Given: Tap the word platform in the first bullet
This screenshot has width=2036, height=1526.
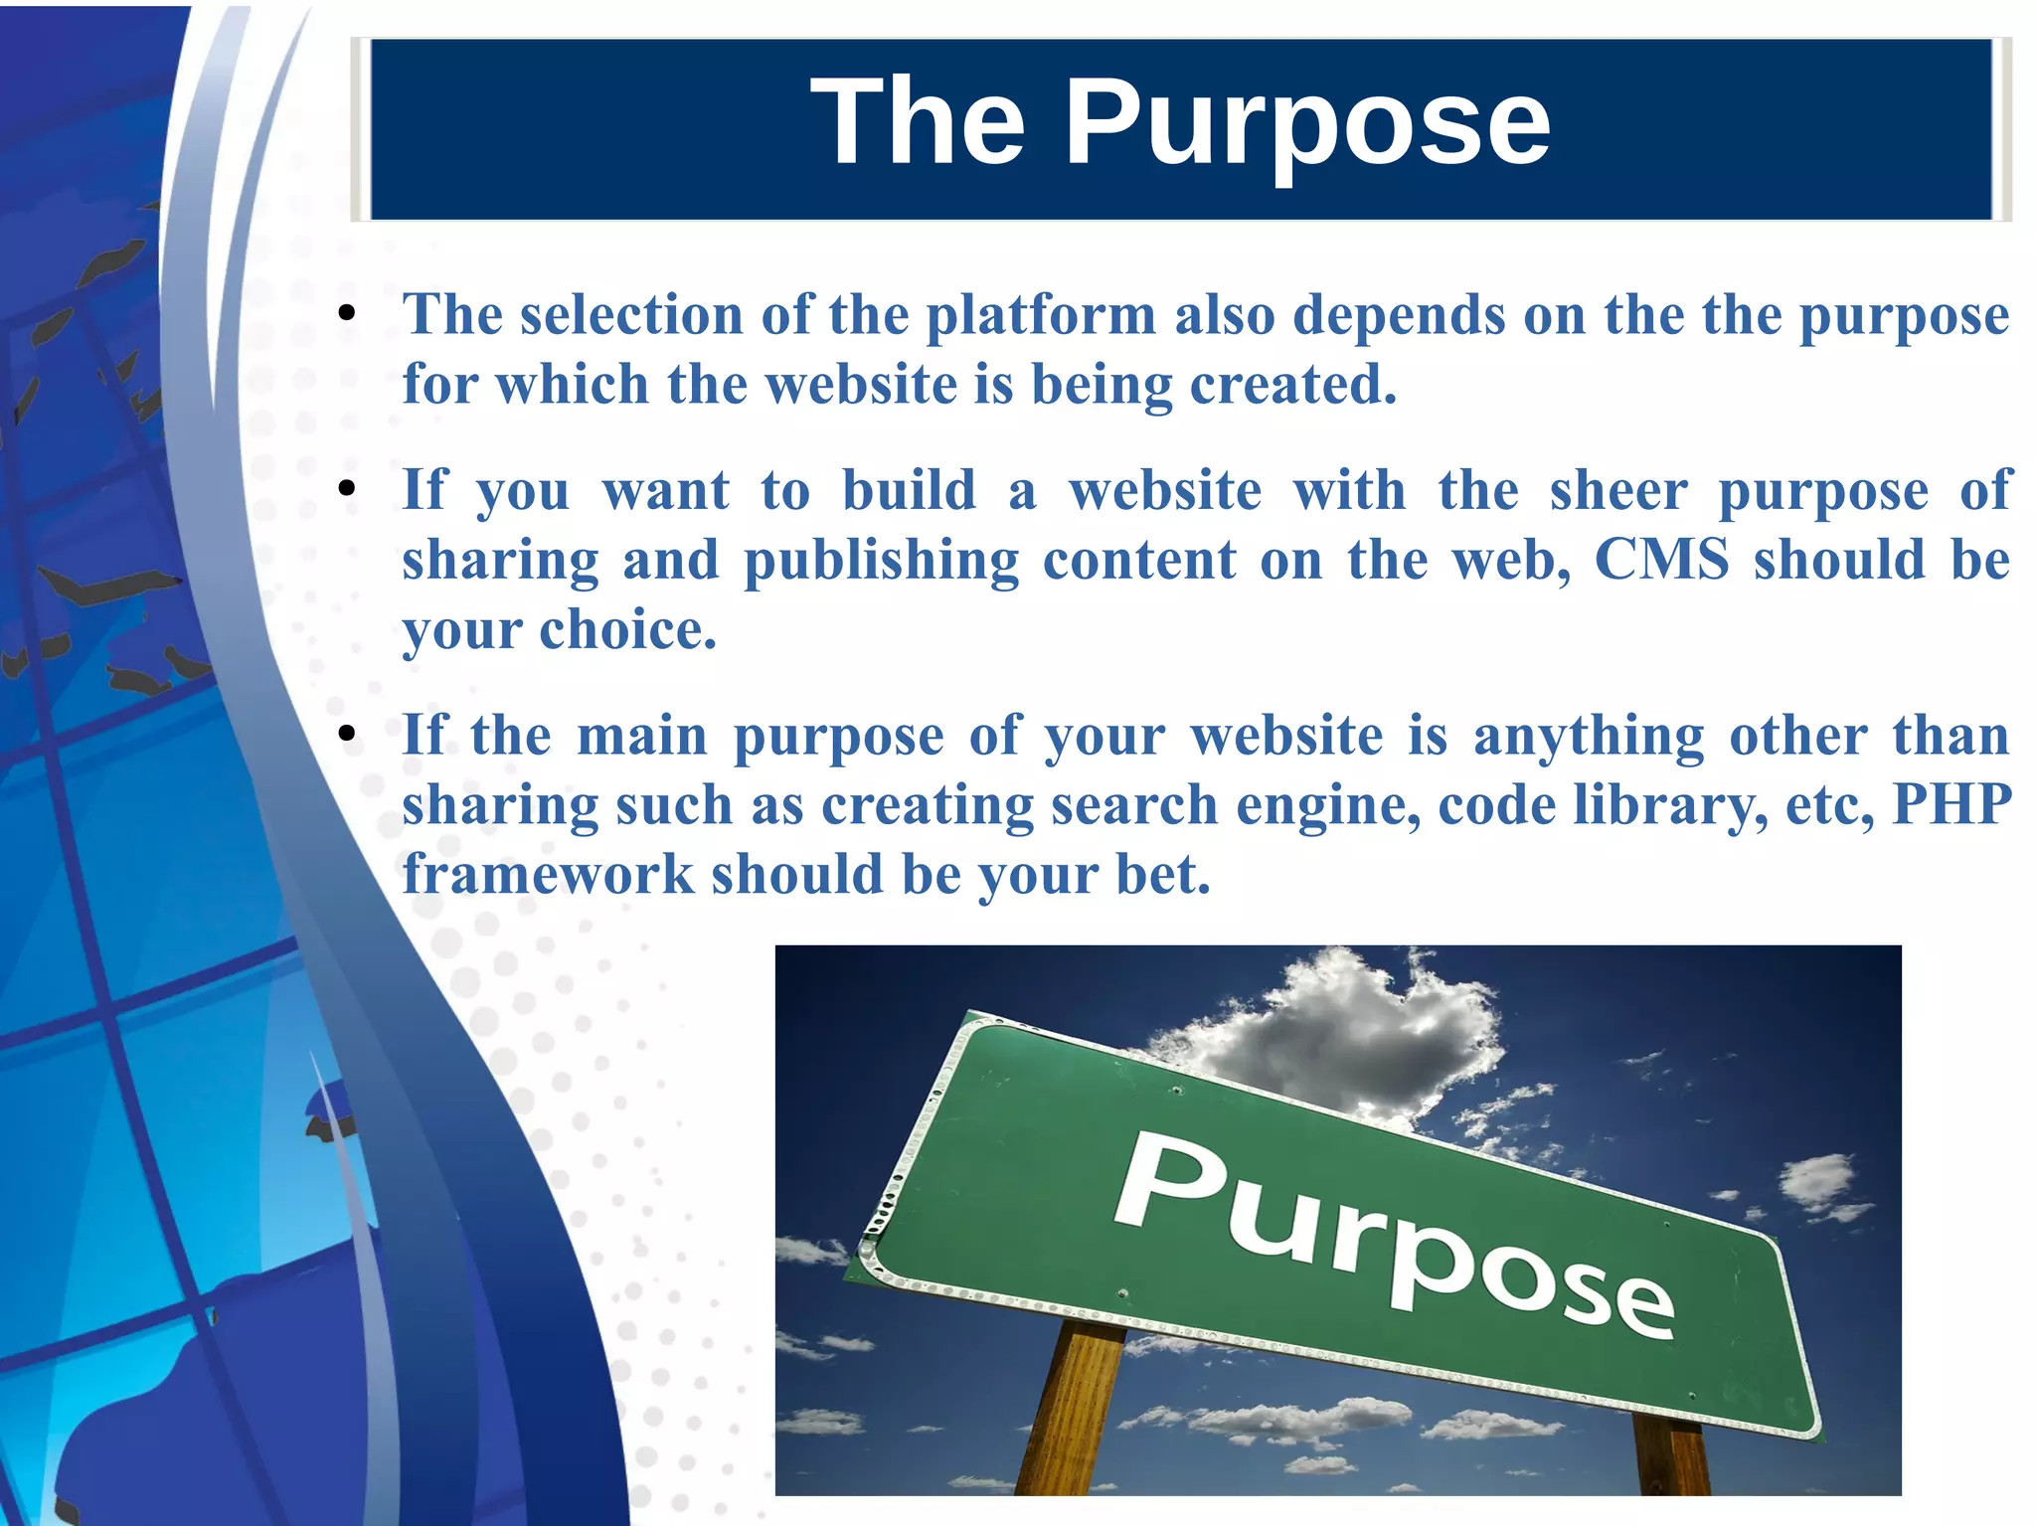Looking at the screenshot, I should click(1041, 315).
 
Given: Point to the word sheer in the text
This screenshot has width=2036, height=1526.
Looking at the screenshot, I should click(1618, 490).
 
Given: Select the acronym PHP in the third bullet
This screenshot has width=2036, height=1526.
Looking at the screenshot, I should click(1951, 804).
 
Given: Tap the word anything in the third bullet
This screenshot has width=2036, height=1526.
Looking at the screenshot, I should click(1588, 737).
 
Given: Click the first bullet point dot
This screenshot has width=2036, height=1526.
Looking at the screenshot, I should click(346, 315).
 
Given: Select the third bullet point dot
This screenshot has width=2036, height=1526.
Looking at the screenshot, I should click(346, 736).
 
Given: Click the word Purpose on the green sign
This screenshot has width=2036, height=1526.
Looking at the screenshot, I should click(1392, 1233).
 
